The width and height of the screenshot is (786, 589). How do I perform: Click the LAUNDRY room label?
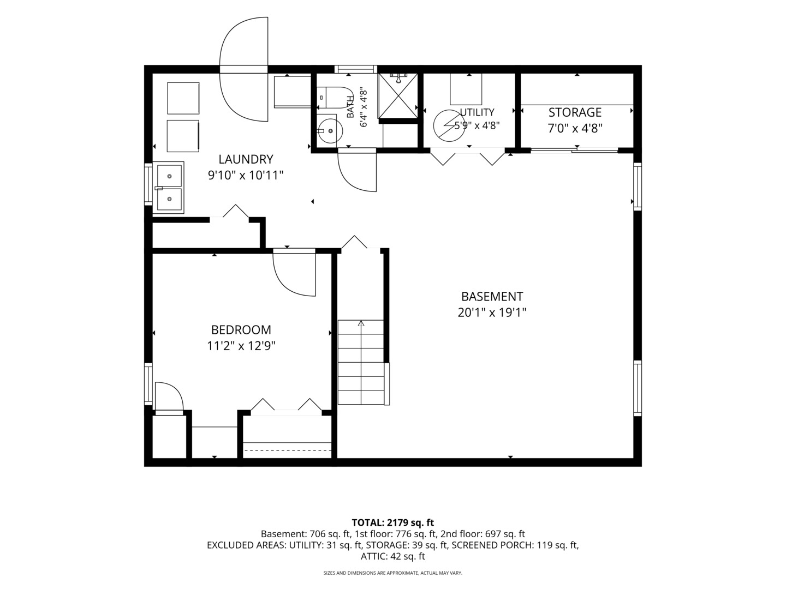click(246, 159)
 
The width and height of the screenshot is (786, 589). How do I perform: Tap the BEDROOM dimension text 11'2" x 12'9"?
click(241, 346)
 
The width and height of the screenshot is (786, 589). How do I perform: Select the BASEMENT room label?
click(492, 297)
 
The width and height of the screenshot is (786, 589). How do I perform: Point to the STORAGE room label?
click(575, 112)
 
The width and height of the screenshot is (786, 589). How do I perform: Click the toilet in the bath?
click(335, 97)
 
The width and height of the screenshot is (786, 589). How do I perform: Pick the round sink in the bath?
click(330, 131)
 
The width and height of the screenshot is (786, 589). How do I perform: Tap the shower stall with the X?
click(398, 95)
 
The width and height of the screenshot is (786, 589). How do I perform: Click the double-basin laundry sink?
click(168, 188)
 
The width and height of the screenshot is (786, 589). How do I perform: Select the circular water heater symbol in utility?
click(449, 125)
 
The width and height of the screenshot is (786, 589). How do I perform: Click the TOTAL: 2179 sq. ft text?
click(393, 522)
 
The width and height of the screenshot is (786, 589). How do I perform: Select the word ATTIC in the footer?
click(371, 556)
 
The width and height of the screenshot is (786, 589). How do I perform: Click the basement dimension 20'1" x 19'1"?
click(492, 312)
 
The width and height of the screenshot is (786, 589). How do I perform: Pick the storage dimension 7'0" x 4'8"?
click(575, 128)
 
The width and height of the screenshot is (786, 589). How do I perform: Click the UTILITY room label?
click(477, 112)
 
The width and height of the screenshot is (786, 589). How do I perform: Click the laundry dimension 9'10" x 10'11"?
click(246, 175)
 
